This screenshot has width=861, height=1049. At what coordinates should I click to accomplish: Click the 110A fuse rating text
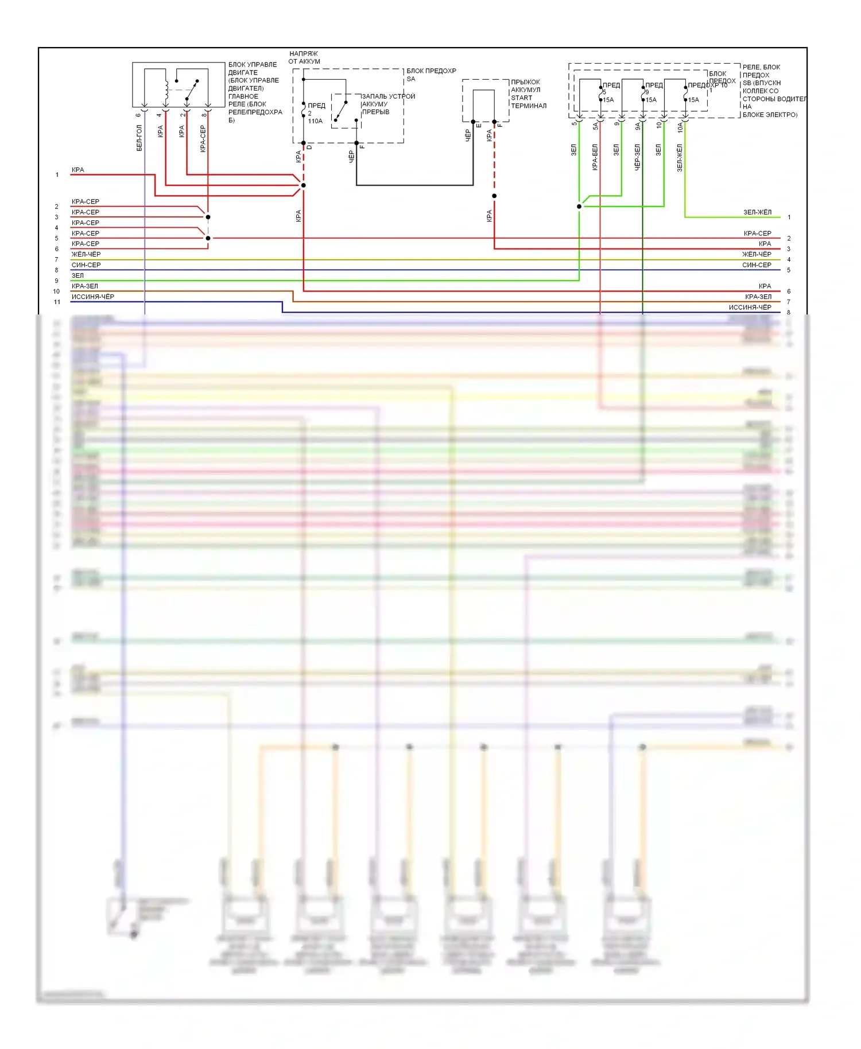[315, 121]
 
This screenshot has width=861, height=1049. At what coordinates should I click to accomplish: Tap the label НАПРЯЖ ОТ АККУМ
[304, 57]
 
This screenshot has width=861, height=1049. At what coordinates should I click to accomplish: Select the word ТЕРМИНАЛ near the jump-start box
[529, 106]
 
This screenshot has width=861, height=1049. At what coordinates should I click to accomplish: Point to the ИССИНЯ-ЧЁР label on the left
[92, 297]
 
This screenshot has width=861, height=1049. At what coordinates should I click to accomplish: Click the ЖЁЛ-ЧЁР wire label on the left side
[86, 254]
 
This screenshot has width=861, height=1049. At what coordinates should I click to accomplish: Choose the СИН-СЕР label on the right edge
[757, 265]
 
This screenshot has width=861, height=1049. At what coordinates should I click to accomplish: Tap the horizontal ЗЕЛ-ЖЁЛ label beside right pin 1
[757, 212]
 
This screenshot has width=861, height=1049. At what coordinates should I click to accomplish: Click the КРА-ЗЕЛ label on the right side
[758, 297]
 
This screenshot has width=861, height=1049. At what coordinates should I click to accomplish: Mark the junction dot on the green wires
[579, 207]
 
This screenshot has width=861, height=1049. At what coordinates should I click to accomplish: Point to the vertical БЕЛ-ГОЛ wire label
[139, 138]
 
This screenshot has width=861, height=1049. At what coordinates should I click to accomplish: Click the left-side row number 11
[57, 302]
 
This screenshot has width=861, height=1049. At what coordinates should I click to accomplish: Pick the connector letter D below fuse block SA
[309, 147]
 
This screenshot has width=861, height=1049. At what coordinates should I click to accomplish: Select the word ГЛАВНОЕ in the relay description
[243, 96]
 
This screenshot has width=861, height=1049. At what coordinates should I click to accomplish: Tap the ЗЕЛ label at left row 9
[77, 275]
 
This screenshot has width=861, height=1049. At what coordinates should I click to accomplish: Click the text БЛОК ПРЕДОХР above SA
[431, 71]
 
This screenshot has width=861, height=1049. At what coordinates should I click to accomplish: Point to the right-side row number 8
[789, 313]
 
